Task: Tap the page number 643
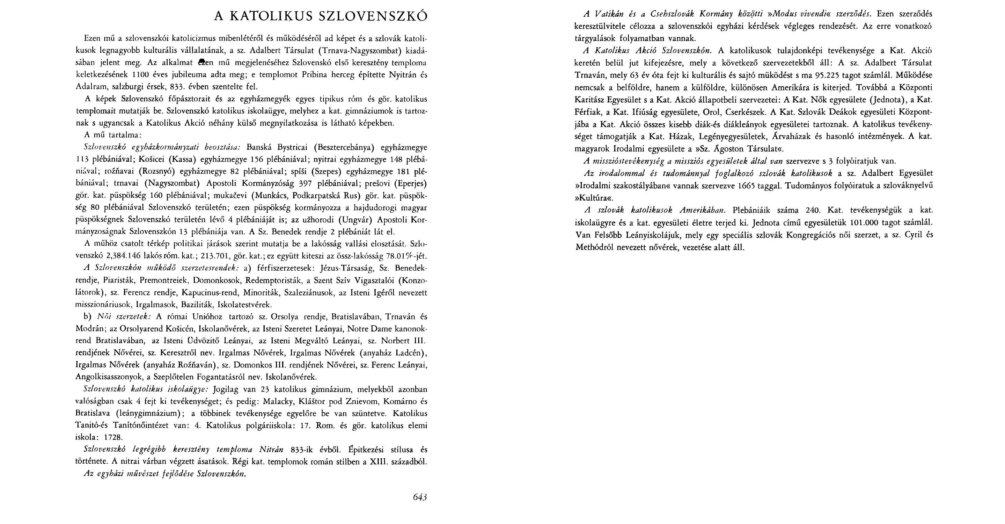[x=420, y=497]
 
